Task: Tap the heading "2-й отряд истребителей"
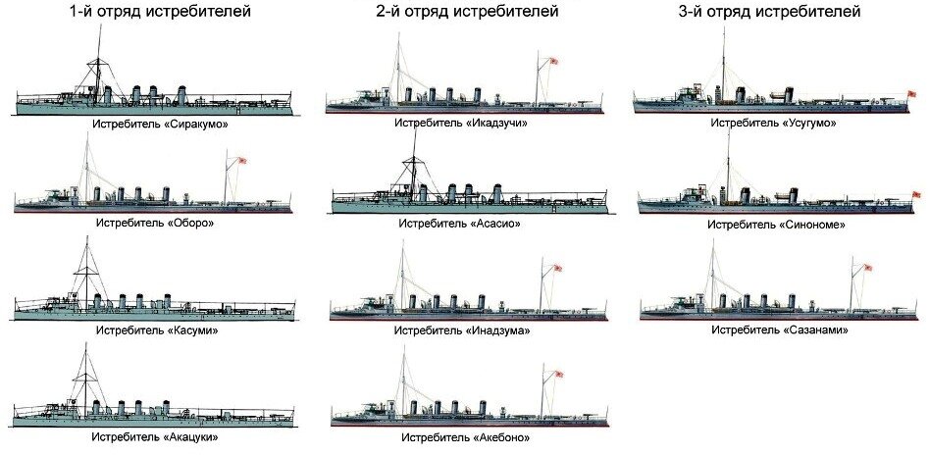(x=467, y=13)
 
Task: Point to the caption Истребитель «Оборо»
(x=155, y=223)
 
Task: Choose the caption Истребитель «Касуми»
(x=155, y=329)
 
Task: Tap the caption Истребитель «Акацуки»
(x=155, y=436)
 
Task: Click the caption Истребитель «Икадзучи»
(x=467, y=123)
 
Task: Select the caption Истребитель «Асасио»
(x=467, y=223)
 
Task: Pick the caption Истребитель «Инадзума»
(x=467, y=329)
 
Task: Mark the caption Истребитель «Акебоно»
(x=467, y=436)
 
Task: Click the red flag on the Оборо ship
(x=240, y=161)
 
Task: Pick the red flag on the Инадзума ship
(x=557, y=267)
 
